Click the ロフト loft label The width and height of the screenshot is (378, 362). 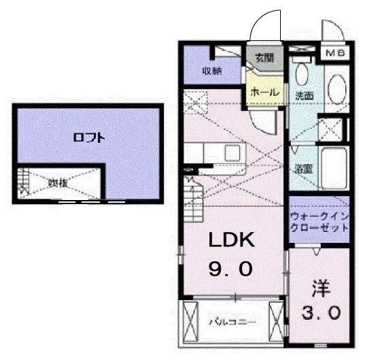[89, 137]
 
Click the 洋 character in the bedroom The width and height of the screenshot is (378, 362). [320, 289]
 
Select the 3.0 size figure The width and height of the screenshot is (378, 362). [320, 313]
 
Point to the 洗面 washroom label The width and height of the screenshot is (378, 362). [303, 96]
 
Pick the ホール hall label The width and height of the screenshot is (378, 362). [262, 90]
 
